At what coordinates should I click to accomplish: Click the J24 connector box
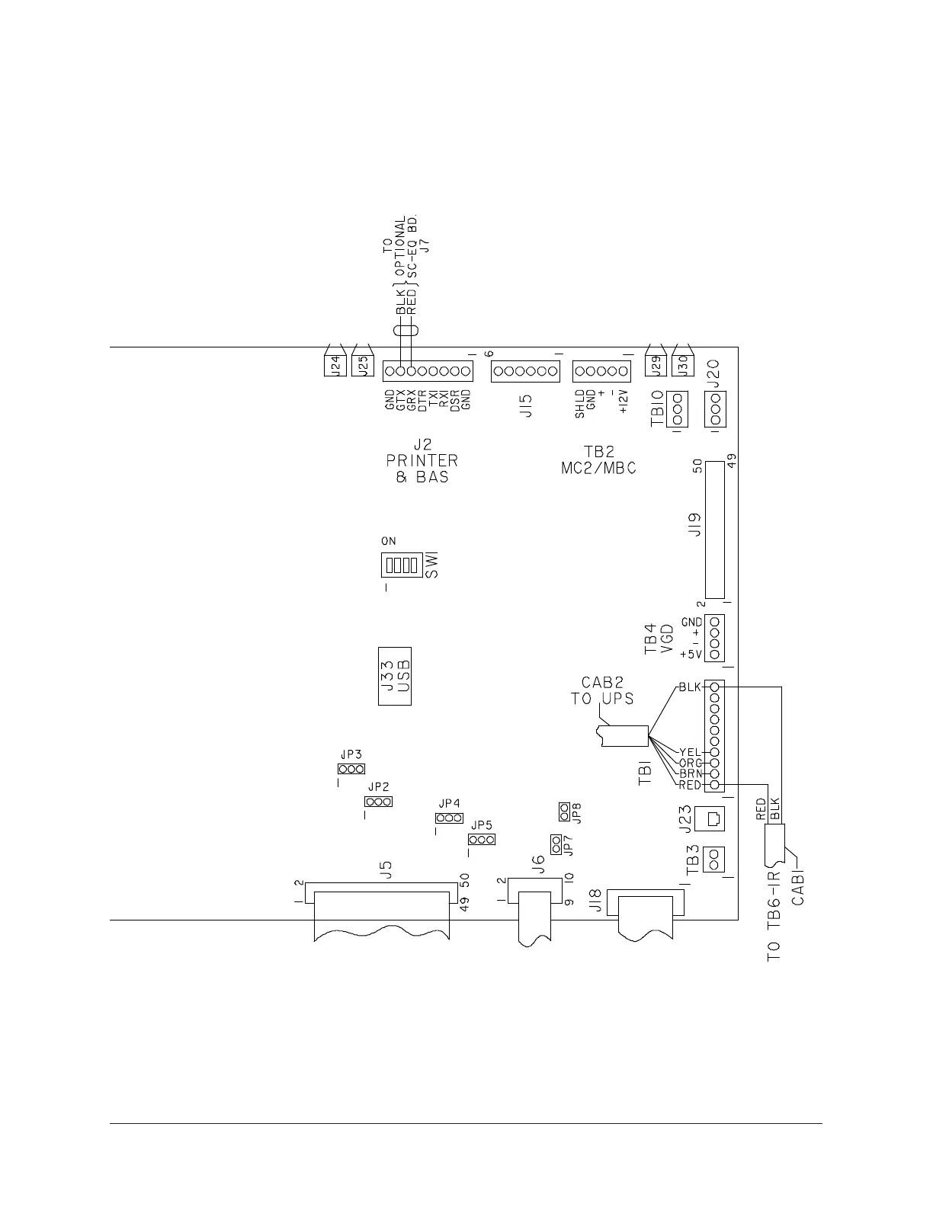click(x=332, y=366)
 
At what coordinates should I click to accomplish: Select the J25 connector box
click(x=363, y=366)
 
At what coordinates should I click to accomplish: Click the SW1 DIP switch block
click(x=401, y=565)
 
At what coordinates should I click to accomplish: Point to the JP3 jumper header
click(x=351, y=769)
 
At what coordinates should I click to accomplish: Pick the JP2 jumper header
click(x=378, y=802)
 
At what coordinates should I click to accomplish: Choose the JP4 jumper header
click(x=449, y=818)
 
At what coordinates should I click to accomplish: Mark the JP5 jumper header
click(x=481, y=840)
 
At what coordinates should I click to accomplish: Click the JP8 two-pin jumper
click(x=564, y=812)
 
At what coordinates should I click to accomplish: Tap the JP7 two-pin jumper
click(x=556, y=844)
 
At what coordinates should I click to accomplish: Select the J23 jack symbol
click(x=713, y=818)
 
